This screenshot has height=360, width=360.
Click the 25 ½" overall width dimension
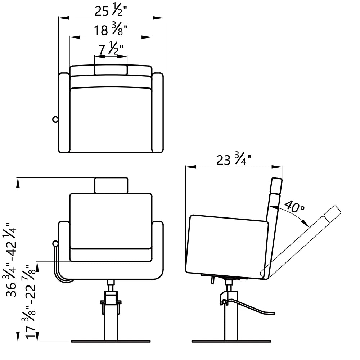coord(111,11)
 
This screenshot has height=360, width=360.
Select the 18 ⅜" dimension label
coord(111,30)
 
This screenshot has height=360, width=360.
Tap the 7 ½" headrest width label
coord(111,48)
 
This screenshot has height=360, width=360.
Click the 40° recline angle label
coord(294,206)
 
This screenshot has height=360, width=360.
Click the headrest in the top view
coord(111,70)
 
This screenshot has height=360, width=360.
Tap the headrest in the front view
coord(111,185)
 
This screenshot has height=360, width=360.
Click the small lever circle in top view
coord(55,120)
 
